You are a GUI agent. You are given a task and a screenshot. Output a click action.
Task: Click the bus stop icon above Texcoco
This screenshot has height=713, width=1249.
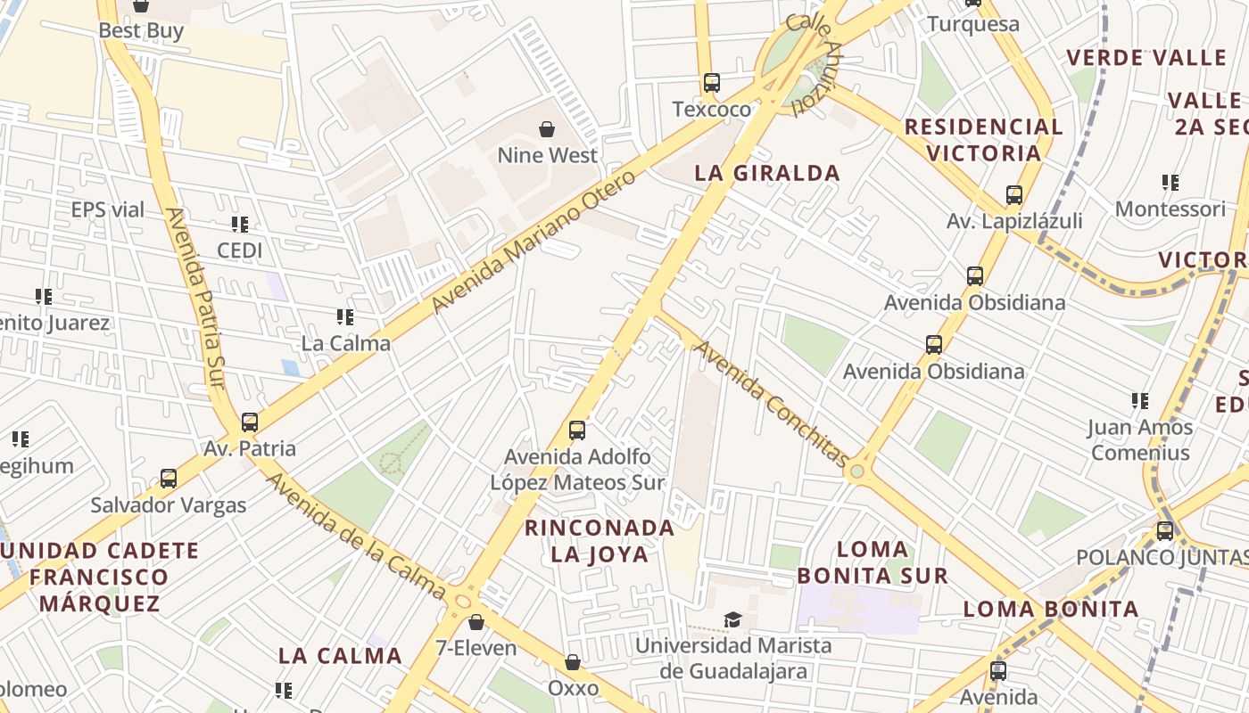[x=711, y=83]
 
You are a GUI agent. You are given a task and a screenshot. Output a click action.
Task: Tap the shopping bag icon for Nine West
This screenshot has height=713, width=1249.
[x=547, y=129]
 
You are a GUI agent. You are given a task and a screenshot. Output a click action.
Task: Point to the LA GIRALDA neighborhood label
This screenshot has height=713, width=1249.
[x=767, y=173]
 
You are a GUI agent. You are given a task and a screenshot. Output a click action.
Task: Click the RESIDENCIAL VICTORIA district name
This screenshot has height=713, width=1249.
[x=984, y=140]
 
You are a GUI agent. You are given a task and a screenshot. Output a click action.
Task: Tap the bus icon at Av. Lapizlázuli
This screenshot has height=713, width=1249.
[x=1013, y=195]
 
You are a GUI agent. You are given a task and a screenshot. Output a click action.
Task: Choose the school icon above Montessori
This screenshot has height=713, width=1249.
[x=1170, y=183]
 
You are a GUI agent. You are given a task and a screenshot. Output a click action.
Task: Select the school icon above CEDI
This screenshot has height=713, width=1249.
[x=239, y=225]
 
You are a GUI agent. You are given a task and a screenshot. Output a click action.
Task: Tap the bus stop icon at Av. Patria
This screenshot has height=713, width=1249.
[x=250, y=422]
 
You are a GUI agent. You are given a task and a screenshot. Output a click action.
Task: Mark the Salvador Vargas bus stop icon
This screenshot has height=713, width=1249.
[x=169, y=479]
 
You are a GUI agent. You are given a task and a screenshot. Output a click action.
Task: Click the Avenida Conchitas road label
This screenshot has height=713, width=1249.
[x=772, y=403]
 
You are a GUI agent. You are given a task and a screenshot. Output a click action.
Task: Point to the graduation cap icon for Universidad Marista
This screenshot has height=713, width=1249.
[x=732, y=619]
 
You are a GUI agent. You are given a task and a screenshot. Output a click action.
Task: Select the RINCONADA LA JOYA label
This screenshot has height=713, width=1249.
[x=600, y=540]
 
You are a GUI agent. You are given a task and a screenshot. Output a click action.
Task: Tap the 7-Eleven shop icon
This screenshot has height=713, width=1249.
[x=476, y=622]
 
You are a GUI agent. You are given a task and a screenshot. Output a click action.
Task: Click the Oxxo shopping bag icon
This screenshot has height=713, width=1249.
[x=573, y=663]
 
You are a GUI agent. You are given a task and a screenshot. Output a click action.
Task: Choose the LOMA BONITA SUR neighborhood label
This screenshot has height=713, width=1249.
[x=872, y=561]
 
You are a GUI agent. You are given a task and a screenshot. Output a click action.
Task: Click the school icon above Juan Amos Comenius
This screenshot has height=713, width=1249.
[x=1139, y=401]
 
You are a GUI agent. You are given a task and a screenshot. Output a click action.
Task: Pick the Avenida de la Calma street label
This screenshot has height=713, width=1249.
[x=356, y=536]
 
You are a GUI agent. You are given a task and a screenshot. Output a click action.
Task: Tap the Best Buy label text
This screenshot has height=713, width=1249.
[x=141, y=30]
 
